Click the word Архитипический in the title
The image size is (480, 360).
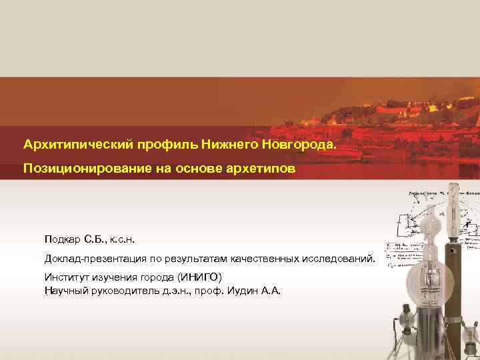click(x=79, y=144)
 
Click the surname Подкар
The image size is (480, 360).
click(x=65, y=239)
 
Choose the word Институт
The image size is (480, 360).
click(x=67, y=277)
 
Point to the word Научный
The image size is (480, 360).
click(x=66, y=290)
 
